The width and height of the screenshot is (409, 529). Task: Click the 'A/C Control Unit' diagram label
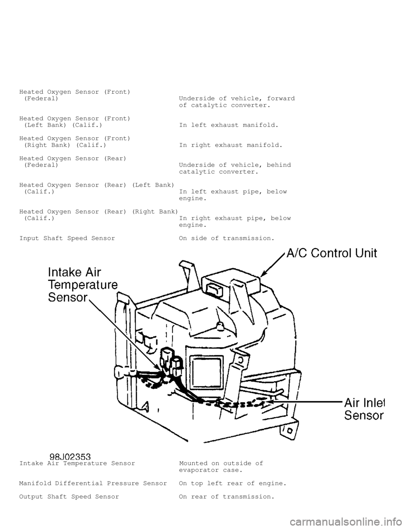pos(332,253)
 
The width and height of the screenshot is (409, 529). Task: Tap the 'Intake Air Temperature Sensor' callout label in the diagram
pos(83,285)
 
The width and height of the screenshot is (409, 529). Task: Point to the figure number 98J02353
pos(70,457)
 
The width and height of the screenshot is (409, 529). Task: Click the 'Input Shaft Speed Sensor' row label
pos(67,239)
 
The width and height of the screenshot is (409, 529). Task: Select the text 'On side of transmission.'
pos(227,239)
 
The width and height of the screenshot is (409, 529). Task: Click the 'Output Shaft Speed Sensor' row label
pos(69,497)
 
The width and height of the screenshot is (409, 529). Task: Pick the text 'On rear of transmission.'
pos(227,497)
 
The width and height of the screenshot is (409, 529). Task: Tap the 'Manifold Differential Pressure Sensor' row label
pos(93,483)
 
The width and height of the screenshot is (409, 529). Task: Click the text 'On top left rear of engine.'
pos(233,483)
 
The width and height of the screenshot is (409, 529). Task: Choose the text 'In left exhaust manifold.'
pos(229,125)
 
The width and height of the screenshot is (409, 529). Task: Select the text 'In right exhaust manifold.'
pos(231,145)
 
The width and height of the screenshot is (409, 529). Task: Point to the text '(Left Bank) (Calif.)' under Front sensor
pos(63,125)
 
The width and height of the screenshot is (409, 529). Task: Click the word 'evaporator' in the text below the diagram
pos(199,470)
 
